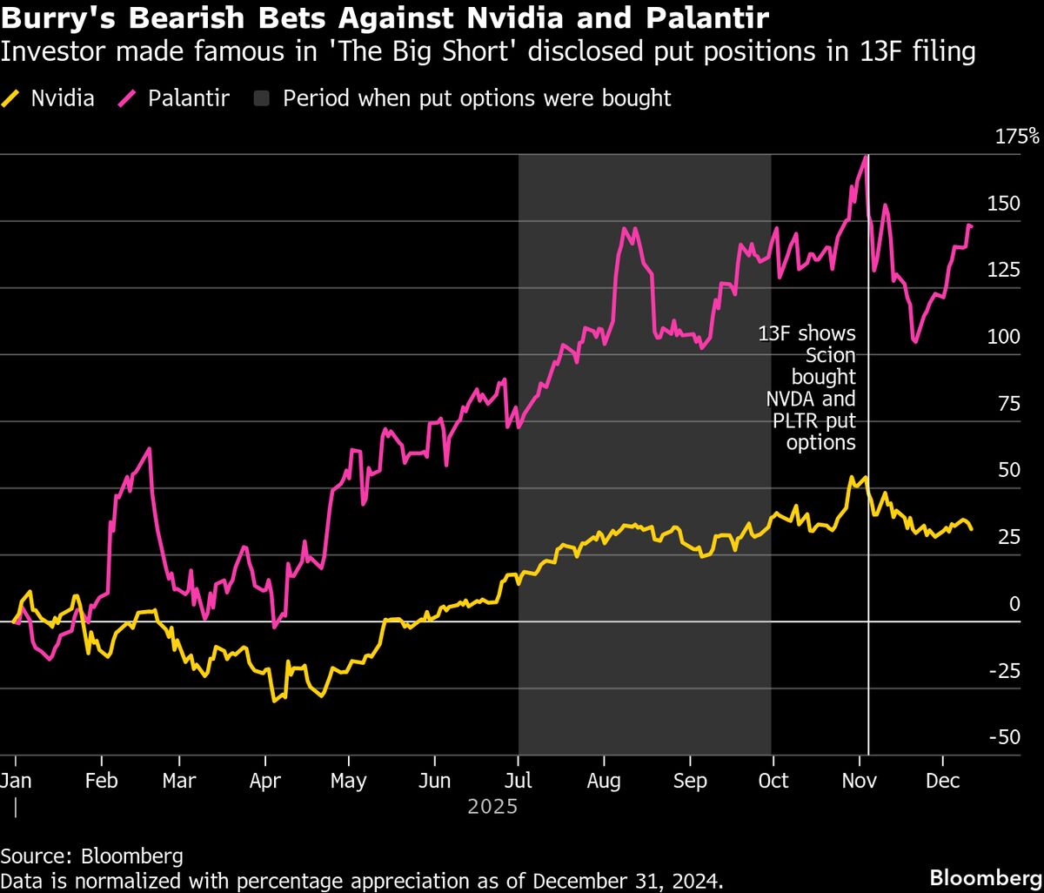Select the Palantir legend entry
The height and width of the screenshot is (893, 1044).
tap(188, 97)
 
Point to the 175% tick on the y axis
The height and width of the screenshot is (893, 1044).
tap(1017, 136)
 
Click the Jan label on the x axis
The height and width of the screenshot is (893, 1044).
tap(16, 780)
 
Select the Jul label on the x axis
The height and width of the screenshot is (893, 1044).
tap(519, 780)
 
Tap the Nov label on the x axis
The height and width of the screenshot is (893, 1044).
tap(858, 780)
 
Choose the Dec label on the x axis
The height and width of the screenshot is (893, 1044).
tap(943, 780)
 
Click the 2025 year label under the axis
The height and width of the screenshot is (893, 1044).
tap(492, 807)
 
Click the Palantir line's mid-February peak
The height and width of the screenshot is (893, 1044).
tap(150, 449)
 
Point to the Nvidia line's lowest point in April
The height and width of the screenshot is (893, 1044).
tap(274, 700)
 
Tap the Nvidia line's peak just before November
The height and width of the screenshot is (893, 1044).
tap(865, 477)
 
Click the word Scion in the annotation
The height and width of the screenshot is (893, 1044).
tap(830, 355)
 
